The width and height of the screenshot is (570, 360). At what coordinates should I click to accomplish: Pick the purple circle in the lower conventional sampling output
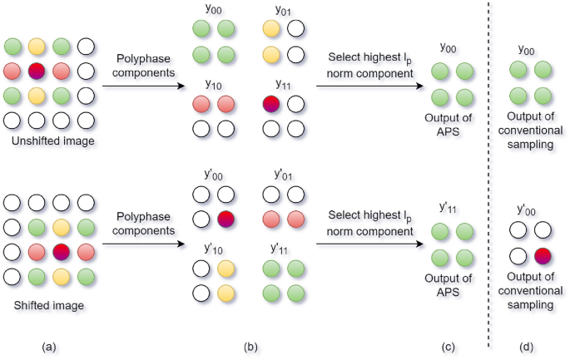pos(542,254)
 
